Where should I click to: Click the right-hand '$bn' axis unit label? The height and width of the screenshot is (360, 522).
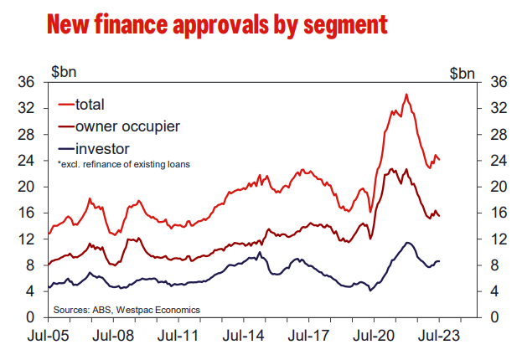[460, 72]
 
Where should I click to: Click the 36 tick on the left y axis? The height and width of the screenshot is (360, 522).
[27, 82]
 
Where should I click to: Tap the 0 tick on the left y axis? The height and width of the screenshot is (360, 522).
[31, 318]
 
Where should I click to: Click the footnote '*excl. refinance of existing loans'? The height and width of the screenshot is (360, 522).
[123, 165]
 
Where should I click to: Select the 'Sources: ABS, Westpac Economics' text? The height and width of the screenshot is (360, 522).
[127, 309]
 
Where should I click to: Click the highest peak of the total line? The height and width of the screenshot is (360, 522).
[406, 95]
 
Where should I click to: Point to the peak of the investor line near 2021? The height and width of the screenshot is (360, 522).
[407, 243]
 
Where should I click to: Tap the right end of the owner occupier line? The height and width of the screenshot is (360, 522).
[440, 216]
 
